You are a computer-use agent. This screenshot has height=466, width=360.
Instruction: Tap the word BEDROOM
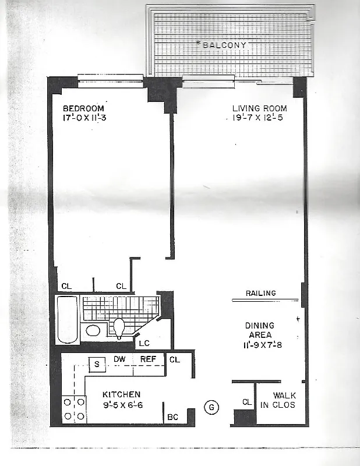pyautogui.click(x=83, y=108)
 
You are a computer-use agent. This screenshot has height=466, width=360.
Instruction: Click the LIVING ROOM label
pyautogui.click(x=259, y=108)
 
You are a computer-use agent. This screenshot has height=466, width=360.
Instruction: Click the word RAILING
pyautogui.click(x=260, y=293)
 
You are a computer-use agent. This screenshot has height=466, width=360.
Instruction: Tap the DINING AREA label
pyautogui.click(x=260, y=330)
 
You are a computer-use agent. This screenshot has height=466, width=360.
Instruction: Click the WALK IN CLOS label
pyautogui.click(x=284, y=400)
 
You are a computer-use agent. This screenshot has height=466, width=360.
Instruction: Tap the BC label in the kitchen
pyautogui.click(x=173, y=417)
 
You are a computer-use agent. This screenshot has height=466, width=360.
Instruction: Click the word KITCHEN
pyautogui.click(x=121, y=394)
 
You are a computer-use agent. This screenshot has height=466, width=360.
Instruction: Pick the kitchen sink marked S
pyautogui.click(x=97, y=364)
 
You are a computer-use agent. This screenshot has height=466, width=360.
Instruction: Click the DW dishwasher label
pyautogui.click(x=120, y=359)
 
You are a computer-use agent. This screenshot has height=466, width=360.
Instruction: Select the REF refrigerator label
pyautogui.click(x=148, y=359)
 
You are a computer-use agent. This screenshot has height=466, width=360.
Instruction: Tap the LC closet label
pyautogui.click(x=144, y=343)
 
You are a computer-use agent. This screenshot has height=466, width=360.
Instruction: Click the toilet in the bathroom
pyautogui.click(x=119, y=328)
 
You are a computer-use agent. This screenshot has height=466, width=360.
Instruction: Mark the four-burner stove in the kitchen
pyautogui.click(x=73, y=408)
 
